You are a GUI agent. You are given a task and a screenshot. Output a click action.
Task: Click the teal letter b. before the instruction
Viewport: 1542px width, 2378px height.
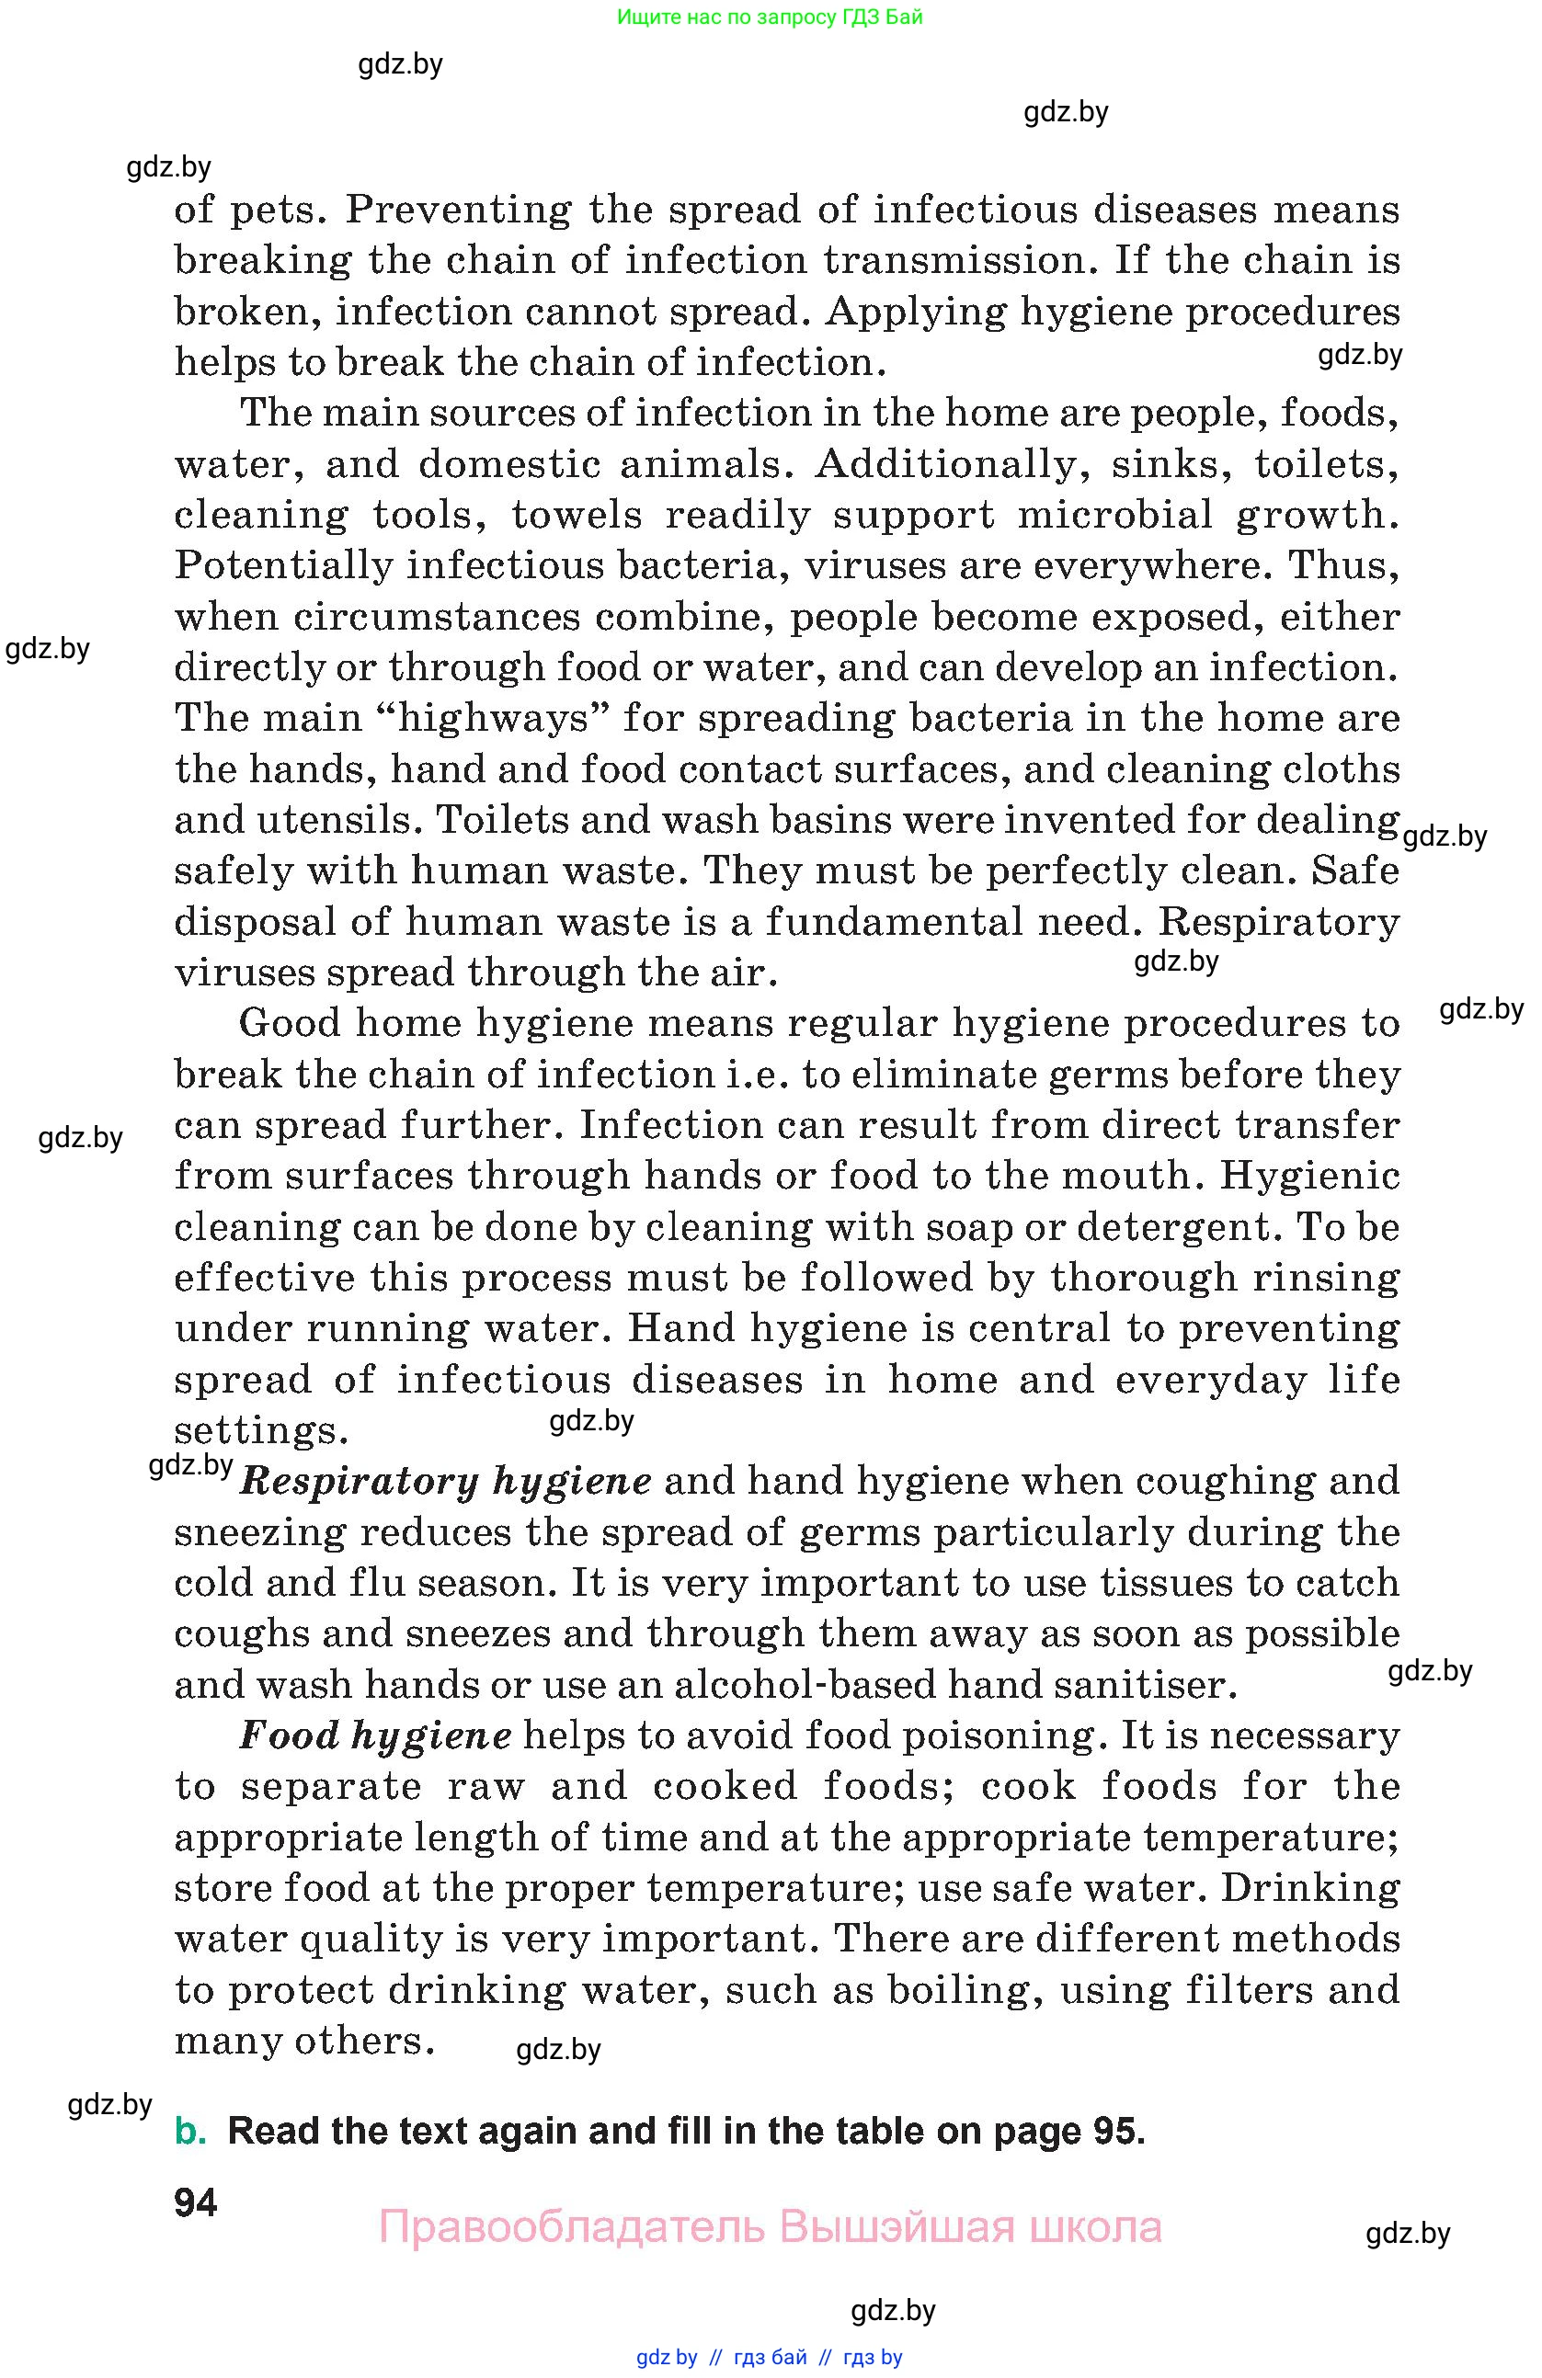[190, 2132]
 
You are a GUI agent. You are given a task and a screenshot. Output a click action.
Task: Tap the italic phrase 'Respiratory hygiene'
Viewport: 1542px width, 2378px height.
[446, 1482]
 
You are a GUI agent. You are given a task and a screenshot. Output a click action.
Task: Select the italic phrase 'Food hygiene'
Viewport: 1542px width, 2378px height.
[376, 1735]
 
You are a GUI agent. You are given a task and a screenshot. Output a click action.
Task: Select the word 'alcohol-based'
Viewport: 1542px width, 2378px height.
[805, 1686]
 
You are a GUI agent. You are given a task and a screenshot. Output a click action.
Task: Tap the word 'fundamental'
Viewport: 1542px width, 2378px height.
[895, 922]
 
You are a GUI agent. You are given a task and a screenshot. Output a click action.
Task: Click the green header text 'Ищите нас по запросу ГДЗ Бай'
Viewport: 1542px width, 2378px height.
[770, 17]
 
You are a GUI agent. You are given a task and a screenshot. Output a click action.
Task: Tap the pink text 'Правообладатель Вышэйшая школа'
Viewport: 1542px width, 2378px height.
[770, 2227]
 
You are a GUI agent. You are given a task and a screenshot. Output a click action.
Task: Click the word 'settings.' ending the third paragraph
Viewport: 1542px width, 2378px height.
[261, 1431]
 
